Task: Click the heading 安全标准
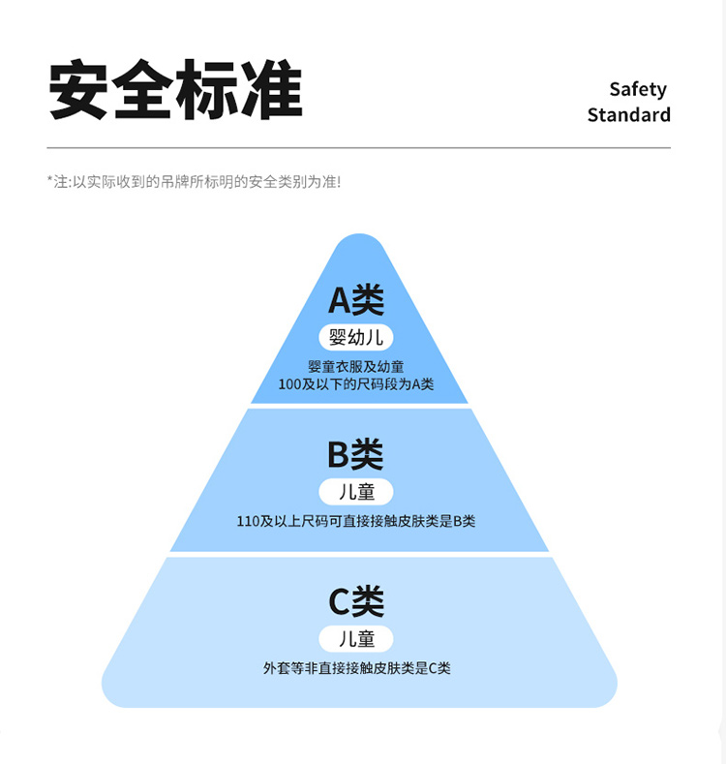point(175,92)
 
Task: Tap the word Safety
point(638,89)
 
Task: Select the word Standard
point(628,115)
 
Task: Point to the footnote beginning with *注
point(194,181)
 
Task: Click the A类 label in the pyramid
point(356,300)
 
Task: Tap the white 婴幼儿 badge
point(356,337)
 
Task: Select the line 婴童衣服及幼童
point(356,367)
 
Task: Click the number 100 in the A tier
point(290,384)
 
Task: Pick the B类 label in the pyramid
point(355,454)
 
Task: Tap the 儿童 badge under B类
point(356,491)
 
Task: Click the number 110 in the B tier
point(249,521)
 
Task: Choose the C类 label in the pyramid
point(356,601)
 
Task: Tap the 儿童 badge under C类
point(356,638)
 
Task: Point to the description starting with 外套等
point(356,668)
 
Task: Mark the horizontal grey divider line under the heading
point(358,148)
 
